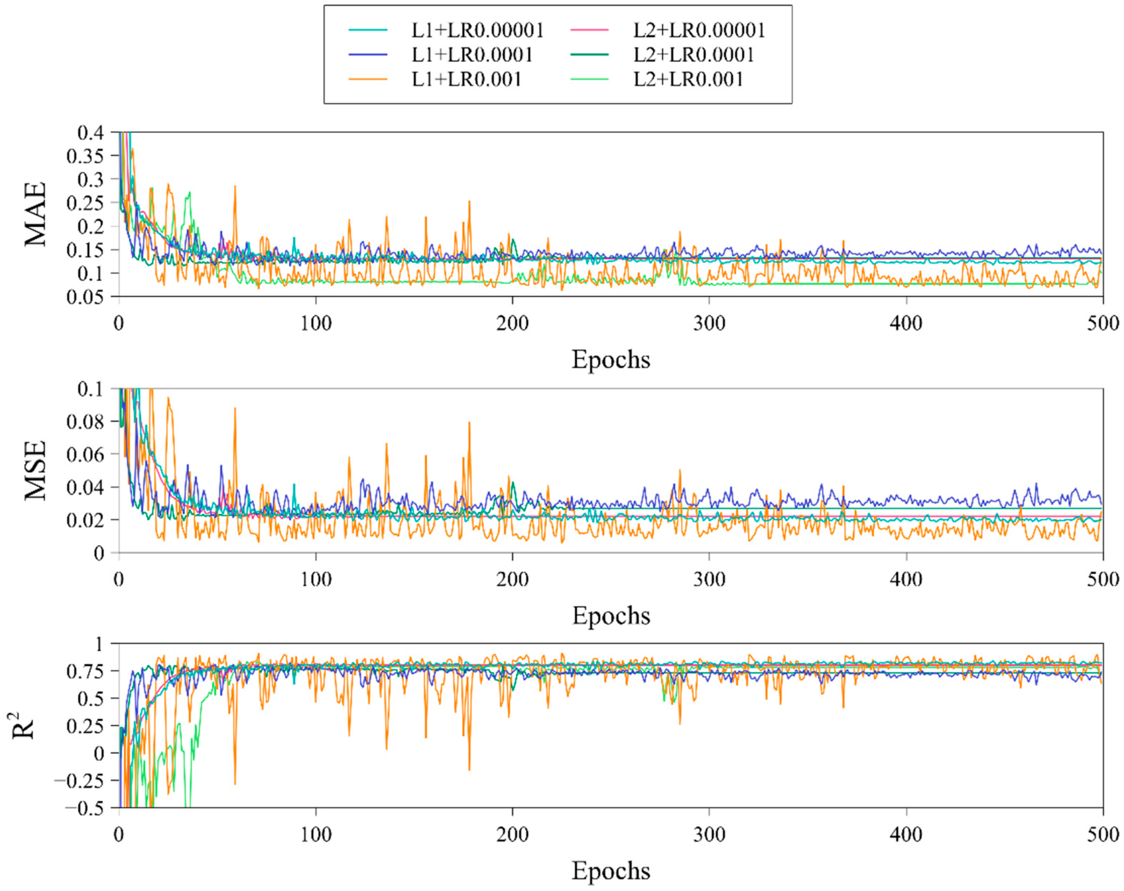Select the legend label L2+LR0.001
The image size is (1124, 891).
click(688, 79)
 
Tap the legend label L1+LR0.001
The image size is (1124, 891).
click(466, 79)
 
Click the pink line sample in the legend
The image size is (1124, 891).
click(589, 30)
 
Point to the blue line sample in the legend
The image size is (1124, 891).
click(368, 55)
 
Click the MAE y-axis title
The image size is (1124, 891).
click(35, 214)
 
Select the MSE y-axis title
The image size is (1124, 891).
click(35, 470)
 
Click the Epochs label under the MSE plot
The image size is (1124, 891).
click(611, 616)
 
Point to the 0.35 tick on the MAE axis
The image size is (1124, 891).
click(85, 156)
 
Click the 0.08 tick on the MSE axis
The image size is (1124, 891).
click(85, 421)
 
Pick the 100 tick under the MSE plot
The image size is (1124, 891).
click(316, 579)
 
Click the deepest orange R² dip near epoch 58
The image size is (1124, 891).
click(235, 783)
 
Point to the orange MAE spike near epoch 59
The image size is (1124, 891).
click(235, 186)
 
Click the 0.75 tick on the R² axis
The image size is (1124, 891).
click(85, 670)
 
